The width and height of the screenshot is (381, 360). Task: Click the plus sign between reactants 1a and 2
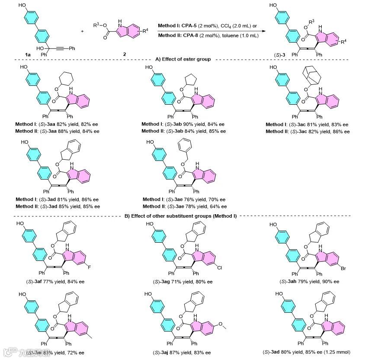[83, 31]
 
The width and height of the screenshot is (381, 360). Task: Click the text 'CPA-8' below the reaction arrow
[185, 35]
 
